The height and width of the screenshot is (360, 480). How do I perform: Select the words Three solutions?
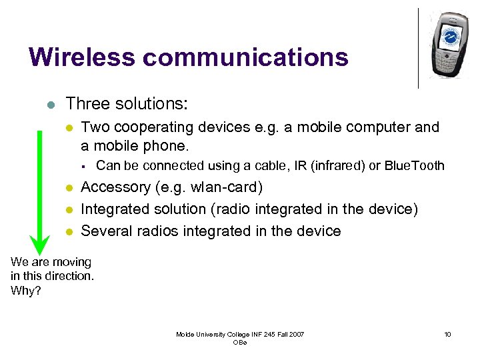(127, 104)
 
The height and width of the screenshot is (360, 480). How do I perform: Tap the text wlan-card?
(221, 187)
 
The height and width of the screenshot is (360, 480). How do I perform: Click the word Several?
(107, 231)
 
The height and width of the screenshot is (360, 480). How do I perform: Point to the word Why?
(25, 290)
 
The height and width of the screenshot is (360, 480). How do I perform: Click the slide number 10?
(447, 334)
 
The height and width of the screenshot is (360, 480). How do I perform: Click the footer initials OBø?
(239, 342)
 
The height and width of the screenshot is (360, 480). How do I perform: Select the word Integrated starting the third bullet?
(115, 209)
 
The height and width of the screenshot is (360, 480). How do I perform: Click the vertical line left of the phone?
(418, 47)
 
